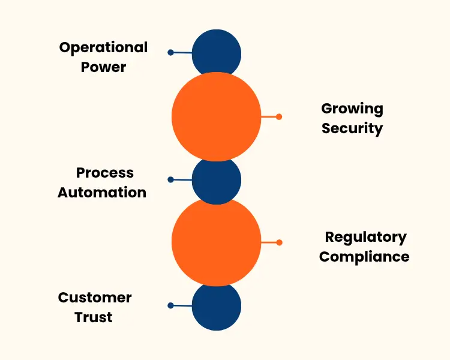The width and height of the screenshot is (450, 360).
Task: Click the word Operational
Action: [x=103, y=48]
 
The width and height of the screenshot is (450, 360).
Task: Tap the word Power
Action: [x=103, y=67]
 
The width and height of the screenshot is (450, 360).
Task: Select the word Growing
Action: [x=352, y=109]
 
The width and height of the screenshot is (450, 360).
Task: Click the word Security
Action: [x=352, y=128]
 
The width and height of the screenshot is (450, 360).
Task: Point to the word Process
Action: [x=105, y=173]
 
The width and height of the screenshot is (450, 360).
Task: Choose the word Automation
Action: [x=102, y=193]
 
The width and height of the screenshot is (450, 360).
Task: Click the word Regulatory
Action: [x=365, y=237]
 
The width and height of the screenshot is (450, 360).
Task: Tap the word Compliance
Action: [x=364, y=257]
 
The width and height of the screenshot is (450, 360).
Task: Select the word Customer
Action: [x=95, y=298]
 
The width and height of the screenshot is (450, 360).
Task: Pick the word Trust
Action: [x=94, y=317]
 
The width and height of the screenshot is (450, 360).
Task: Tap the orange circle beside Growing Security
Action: [x=217, y=116]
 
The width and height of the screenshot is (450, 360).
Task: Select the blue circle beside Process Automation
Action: [x=217, y=179]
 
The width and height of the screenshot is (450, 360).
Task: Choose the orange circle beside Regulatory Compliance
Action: [x=217, y=242]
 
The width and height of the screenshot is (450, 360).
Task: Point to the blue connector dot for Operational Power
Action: [x=171, y=53]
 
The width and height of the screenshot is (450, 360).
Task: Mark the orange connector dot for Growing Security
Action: [x=279, y=116]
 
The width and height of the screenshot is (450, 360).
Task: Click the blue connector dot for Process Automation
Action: [x=171, y=179]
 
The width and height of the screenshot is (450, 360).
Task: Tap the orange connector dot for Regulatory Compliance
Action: [x=279, y=242]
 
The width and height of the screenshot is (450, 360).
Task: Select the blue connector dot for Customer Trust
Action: [x=171, y=305]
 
